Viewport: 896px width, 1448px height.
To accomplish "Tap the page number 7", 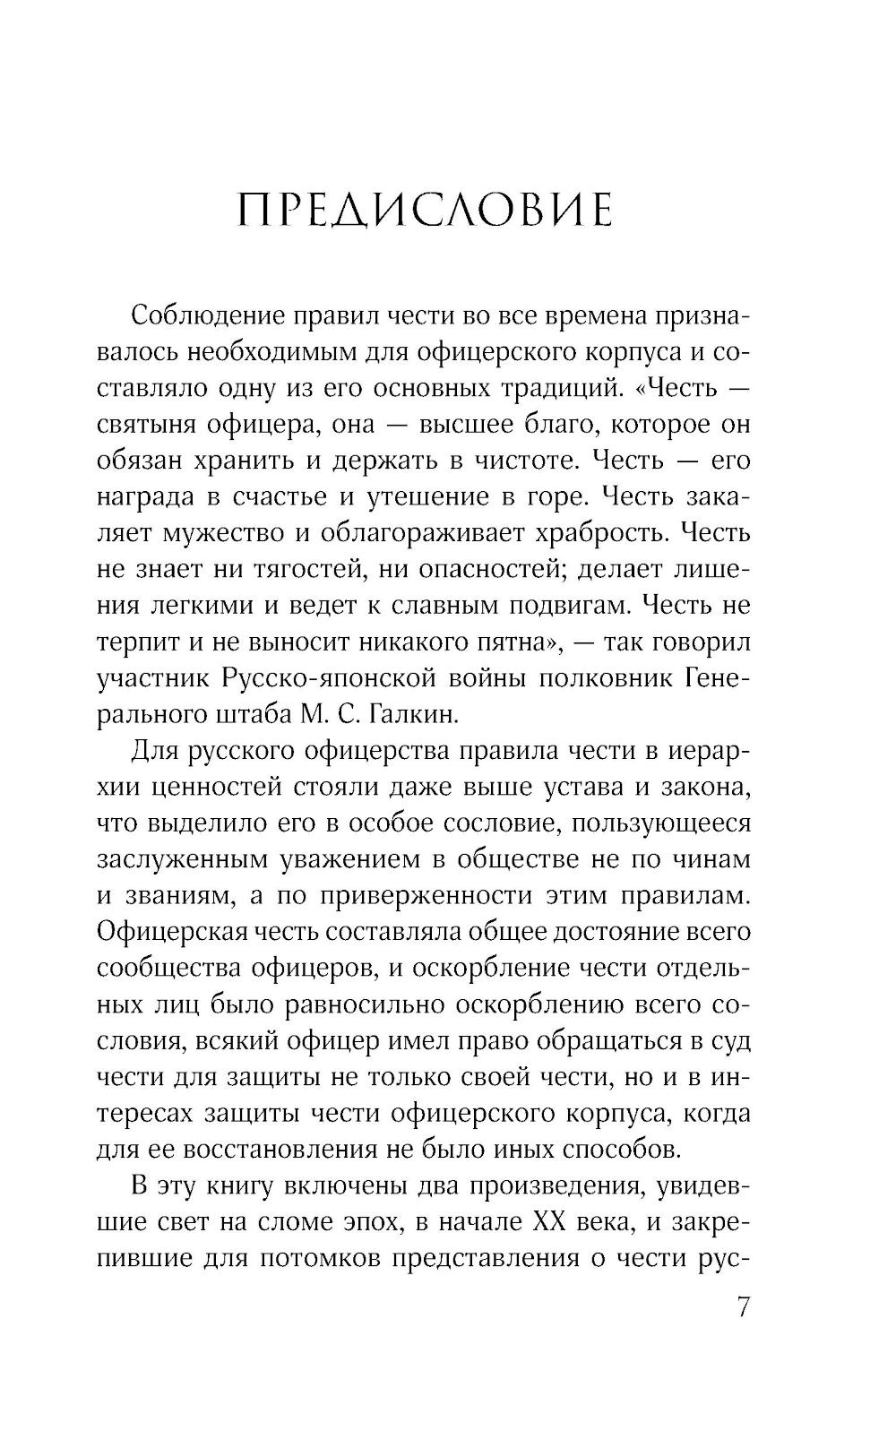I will point(742,1309).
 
